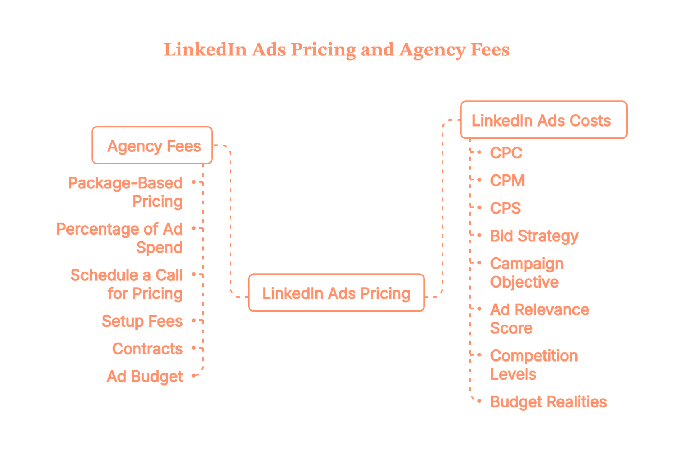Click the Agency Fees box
(152, 145)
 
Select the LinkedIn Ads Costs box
(543, 120)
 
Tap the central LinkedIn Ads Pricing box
(336, 293)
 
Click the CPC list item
(506, 153)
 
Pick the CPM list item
(507, 181)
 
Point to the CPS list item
(505, 209)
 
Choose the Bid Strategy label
(534, 236)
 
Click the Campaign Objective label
(526, 273)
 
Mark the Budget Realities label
(548, 402)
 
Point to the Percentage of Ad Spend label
(119, 238)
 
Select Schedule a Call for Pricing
(127, 284)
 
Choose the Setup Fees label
(142, 321)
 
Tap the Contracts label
(147, 349)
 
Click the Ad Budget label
(145, 377)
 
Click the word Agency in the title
(432, 50)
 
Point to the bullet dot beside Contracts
(193, 349)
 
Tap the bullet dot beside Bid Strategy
(480, 235)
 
